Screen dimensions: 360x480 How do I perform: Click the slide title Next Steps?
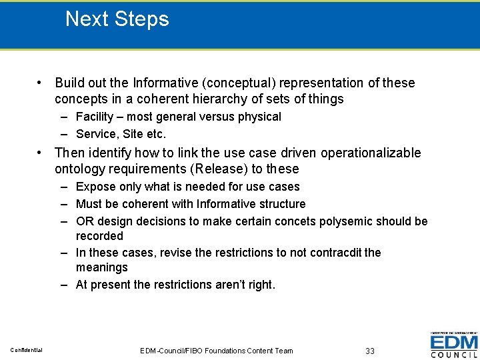click(117, 19)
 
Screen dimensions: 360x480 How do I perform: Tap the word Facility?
click(95, 117)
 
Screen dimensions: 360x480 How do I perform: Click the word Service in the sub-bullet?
click(95, 133)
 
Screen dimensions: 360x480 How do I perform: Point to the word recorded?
click(99, 236)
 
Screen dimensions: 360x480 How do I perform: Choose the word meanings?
click(101, 267)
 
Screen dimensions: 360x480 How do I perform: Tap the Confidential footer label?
click(26, 351)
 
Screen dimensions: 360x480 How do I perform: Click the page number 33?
click(371, 351)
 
